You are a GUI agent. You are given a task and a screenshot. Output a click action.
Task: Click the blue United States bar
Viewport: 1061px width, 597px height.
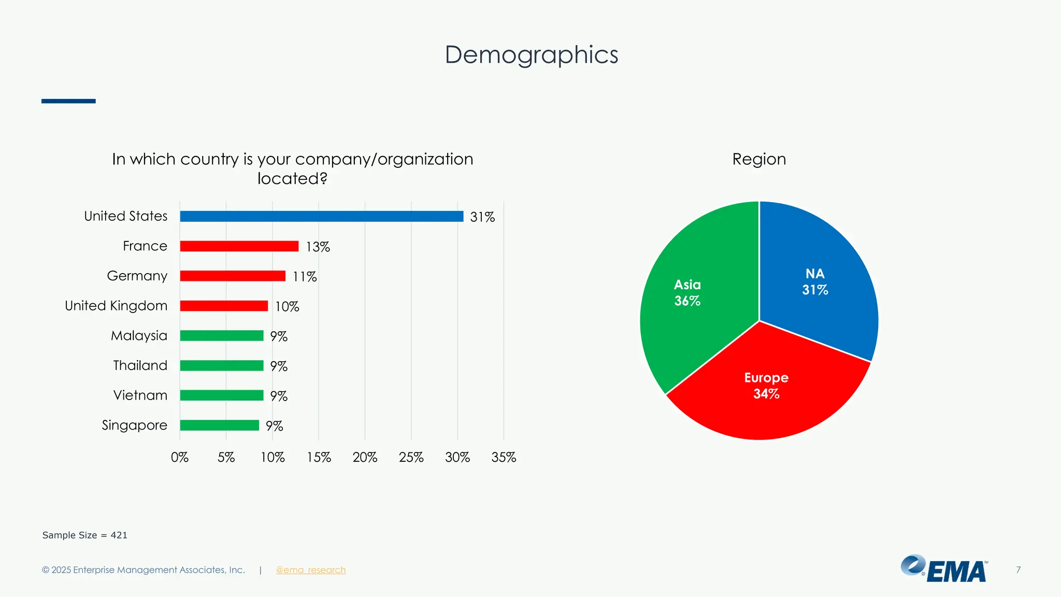(x=321, y=217)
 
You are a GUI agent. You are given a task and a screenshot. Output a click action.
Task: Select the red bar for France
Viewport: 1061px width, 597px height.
(x=239, y=246)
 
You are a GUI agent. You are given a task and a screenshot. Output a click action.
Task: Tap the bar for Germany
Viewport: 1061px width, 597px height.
(x=233, y=276)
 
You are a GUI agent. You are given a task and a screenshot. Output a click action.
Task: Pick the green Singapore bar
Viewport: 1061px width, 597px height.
(x=219, y=425)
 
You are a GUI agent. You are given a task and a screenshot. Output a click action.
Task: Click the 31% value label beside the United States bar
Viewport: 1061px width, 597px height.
(x=482, y=217)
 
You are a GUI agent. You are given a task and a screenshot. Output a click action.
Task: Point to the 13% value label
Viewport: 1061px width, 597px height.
(x=318, y=247)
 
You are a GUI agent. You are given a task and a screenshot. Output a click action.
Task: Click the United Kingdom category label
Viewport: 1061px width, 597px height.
(x=116, y=306)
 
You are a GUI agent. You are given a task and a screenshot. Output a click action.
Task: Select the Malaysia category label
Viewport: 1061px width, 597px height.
(x=139, y=336)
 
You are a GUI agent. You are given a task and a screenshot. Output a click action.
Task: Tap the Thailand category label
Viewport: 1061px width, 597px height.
(x=140, y=365)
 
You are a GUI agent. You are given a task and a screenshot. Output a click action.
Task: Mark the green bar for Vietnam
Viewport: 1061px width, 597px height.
(x=222, y=395)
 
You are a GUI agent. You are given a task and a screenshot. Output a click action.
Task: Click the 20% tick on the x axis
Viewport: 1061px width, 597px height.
(x=365, y=457)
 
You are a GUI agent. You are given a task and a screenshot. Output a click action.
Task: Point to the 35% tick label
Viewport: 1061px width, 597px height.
(x=504, y=457)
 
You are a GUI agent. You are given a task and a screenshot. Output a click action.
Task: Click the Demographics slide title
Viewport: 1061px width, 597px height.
(x=532, y=55)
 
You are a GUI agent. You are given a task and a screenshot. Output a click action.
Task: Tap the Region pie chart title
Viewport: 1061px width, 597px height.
(x=759, y=159)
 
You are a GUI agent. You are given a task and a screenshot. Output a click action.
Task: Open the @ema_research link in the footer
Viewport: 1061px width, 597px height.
(x=311, y=570)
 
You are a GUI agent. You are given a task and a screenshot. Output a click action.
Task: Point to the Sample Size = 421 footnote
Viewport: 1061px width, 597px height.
(x=85, y=535)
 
